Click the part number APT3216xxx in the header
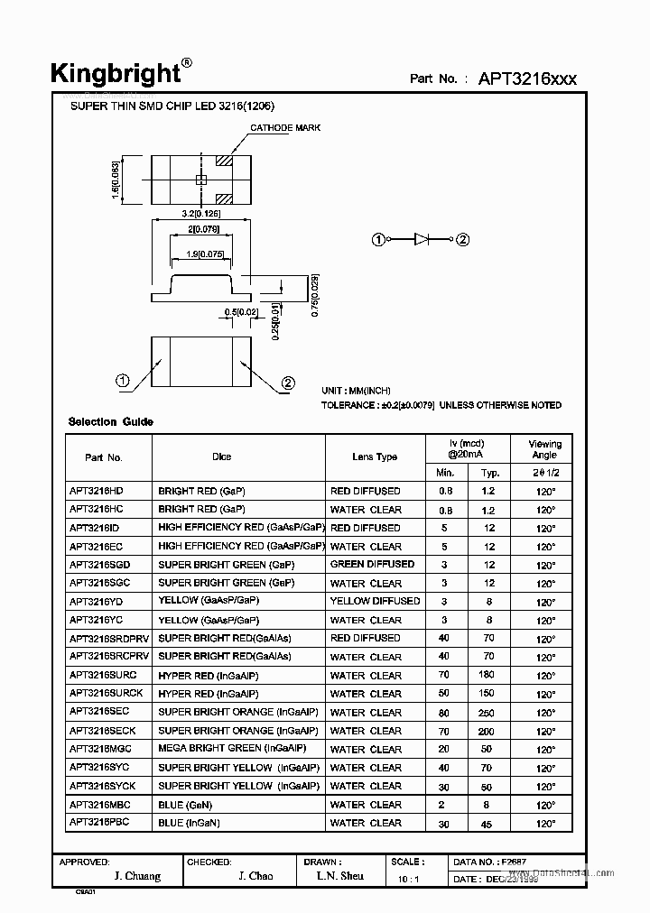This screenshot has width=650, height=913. click(x=528, y=78)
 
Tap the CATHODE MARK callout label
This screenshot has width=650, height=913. click(x=284, y=128)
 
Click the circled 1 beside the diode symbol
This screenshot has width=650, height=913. click(x=378, y=239)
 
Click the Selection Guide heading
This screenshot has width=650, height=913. click(x=111, y=422)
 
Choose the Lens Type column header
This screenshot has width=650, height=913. click(x=375, y=457)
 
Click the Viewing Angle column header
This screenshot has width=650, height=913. click(x=544, y=449)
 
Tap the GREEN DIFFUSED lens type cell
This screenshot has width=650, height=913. click(x=372, y=565)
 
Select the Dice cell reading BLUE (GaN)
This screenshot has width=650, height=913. click(x=185, y=805)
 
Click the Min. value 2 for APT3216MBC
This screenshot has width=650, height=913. click(x=444, y=805)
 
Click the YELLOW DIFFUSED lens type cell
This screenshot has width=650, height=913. click(x=375, y=602)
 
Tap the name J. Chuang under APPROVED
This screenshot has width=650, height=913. click(x=137, y=876)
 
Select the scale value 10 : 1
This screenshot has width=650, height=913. click(x=407, y=878)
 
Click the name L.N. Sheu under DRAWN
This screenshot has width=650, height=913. click(x=340, y=876)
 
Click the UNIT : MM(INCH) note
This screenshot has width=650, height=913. click(x=357, y=391)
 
